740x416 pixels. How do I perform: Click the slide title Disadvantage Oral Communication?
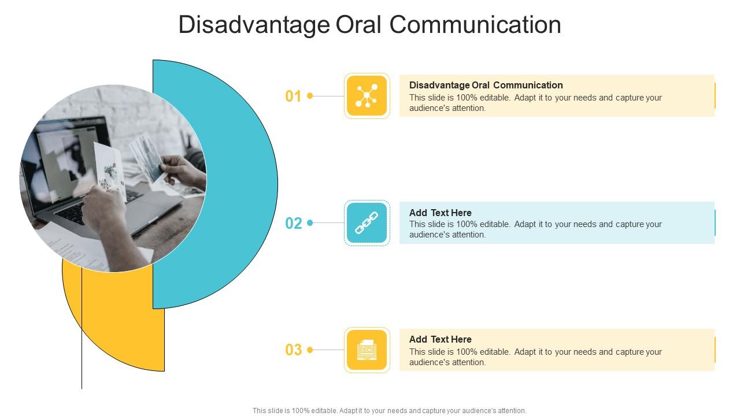tap(369, 25)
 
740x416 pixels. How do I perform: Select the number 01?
tap(294, 96)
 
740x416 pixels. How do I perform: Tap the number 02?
tap(294, 223)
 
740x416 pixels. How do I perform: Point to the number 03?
tap(294, 350)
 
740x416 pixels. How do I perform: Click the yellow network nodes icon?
tap(367, 96)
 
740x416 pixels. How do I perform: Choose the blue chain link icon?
tap(367, 223)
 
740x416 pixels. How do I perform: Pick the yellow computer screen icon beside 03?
tap(367, 350)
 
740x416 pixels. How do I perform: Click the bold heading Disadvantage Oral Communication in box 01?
tap(486, 86)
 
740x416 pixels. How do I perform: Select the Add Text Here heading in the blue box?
tap(440, 213)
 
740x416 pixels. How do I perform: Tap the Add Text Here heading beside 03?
tap(440, 340)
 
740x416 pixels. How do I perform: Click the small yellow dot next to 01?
tap(310, 96)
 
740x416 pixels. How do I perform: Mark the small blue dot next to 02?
tap(310, 223)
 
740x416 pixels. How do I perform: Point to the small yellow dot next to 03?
tap(310, 350)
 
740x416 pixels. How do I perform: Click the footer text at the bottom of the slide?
tap(389, 411)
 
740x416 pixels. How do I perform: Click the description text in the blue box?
tap(535, 229)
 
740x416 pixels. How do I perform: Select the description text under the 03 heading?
tap(535, 357)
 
